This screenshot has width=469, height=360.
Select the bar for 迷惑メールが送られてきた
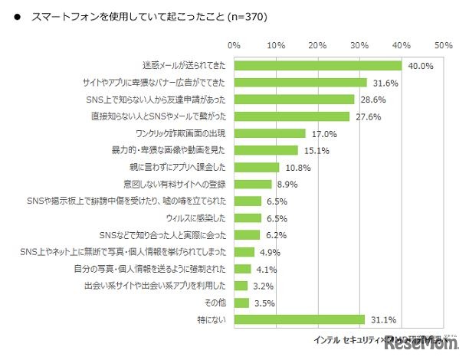tap(318, 66)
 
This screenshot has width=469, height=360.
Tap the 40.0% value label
tap(421, 66)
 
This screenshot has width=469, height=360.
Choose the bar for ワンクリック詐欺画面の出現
tap(270, 133)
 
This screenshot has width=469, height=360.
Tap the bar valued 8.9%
tap(253, 184)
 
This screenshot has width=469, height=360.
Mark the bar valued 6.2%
tap(248, 234)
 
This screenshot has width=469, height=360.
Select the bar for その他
tap(241, 302)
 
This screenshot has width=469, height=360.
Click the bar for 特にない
tap(300, 319)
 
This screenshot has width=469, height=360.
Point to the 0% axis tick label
tap(235, 44)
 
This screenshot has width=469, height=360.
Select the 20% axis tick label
tap(318, 44)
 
